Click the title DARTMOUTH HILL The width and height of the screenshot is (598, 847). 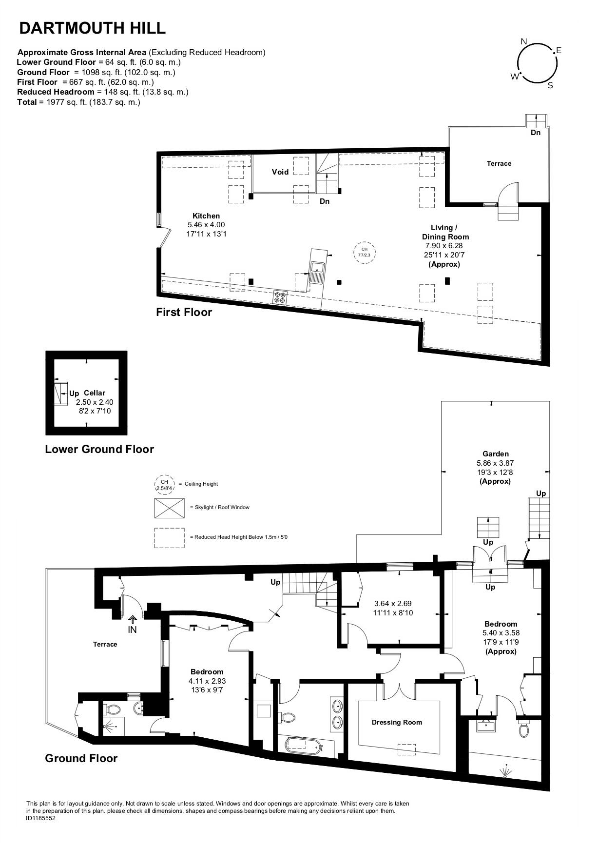92,28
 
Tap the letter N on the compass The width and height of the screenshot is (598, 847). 524,41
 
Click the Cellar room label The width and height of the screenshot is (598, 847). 94,393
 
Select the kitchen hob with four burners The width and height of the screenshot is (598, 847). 280,297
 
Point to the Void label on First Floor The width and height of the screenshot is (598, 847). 280,172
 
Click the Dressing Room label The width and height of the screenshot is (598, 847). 397,722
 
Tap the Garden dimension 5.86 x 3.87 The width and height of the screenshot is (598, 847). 495,463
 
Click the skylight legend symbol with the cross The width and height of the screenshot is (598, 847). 170,508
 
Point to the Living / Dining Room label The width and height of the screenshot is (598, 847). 445,232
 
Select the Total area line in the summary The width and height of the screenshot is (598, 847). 78,102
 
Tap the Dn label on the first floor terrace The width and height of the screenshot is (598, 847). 536,133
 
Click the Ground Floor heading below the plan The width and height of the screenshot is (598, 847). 81,758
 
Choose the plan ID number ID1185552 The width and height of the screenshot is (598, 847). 41,819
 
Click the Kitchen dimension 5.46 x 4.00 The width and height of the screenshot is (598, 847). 206,225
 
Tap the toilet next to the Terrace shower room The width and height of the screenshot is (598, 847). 113,709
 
